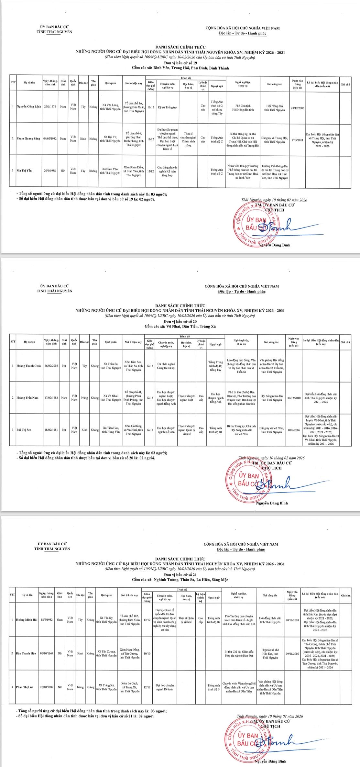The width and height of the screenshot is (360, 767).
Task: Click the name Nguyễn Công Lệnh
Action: click(29, 107)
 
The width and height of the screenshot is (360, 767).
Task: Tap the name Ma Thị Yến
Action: click(24, 170)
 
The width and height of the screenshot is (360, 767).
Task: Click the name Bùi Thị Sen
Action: click(24, 430)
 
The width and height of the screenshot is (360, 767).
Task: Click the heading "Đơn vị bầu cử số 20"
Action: click(180, 321)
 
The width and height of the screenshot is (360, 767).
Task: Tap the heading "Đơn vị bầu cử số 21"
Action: click(180, 574)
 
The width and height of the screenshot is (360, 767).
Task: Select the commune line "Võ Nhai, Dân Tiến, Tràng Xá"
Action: click(180, 326)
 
